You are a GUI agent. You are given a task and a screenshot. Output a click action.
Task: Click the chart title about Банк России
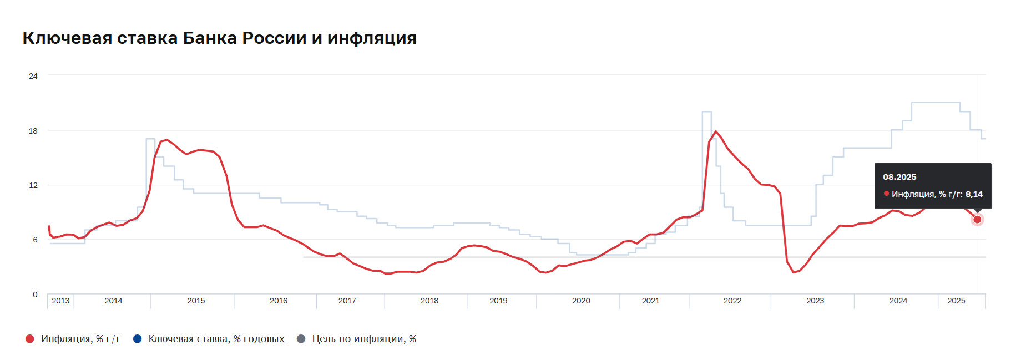pos(219,38)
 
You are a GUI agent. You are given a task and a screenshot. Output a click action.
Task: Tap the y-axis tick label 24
pos(33,76)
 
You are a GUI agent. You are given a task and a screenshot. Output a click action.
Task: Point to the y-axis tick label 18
pos(33,131)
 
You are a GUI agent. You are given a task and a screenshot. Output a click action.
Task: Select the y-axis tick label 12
pos(33,185)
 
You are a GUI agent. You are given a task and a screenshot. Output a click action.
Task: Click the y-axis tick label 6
pos(35,240)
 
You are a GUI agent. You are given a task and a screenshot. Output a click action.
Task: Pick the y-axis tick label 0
pos(35,295)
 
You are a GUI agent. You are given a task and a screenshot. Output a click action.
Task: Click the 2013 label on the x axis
pos(60,301)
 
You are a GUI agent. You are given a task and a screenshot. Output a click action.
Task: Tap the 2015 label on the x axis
pos(196,301)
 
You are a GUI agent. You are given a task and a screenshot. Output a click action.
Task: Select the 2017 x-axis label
pos(347,301)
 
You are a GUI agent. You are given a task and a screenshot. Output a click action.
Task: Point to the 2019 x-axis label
pos(498,301)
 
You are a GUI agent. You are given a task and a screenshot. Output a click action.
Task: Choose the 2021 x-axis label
pos(650,301)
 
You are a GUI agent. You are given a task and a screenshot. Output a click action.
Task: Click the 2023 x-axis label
pos(815,301)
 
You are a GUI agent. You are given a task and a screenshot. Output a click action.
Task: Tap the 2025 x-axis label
pos(956,301)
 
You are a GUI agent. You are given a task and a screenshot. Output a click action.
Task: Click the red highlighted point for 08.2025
pos(977,220)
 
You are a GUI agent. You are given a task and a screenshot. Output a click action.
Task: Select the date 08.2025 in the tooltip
pos(899,177)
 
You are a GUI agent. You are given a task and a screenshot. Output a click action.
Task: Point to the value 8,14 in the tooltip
pos(974,194)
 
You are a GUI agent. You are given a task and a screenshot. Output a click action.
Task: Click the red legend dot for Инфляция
pos(30,339)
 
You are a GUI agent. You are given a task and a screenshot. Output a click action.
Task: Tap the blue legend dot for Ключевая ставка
pos(137,339)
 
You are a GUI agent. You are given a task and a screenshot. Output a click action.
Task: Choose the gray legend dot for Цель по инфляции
pos(301,339)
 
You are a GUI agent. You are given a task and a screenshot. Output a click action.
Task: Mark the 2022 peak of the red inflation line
pos(716,131)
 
